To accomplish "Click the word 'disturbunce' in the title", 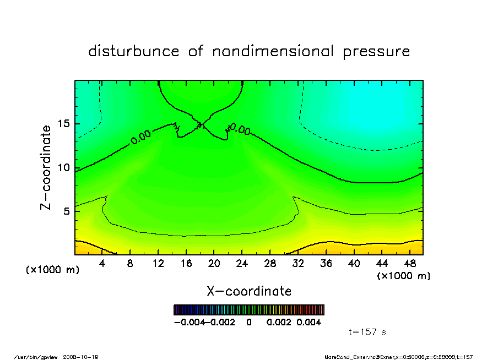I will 134,52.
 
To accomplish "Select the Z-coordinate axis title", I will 46,167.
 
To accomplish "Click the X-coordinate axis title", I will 249,291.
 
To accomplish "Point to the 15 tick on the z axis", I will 63,124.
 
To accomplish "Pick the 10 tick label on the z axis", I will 63,168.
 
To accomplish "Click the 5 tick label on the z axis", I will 66,211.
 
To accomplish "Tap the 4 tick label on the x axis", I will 102,264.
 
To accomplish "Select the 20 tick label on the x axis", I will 214,264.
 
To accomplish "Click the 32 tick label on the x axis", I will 298,264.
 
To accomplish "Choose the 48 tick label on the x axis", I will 410,264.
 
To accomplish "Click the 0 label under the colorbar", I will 249,322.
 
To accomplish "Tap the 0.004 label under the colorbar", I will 308,322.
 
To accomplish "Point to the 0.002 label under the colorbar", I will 279,322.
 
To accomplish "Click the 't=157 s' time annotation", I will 367,332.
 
